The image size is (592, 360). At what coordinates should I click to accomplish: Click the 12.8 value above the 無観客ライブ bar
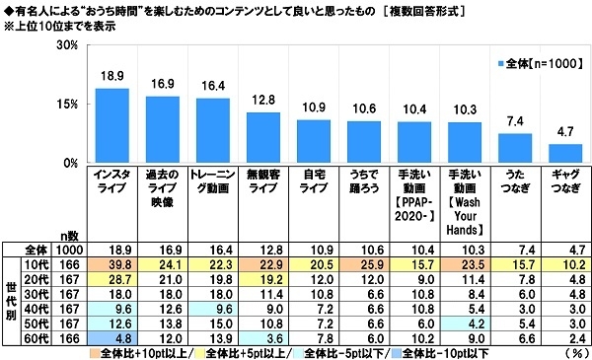263,101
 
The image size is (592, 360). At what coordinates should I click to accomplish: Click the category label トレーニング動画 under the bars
213,182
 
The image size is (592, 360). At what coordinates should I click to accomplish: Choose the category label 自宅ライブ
314,182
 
